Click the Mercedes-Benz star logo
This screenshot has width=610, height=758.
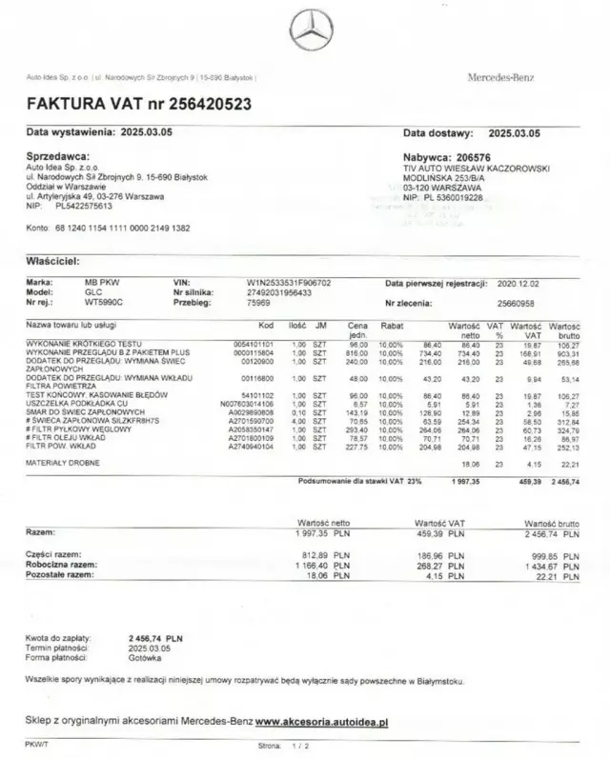[x=312, y=34]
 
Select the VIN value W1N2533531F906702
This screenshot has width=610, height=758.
[x=289, y=283]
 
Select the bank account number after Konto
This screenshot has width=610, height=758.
[x=122, y=229]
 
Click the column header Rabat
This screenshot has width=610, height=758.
[x=392, y=326]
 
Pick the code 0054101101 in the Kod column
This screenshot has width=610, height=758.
[x=253, y=344]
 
